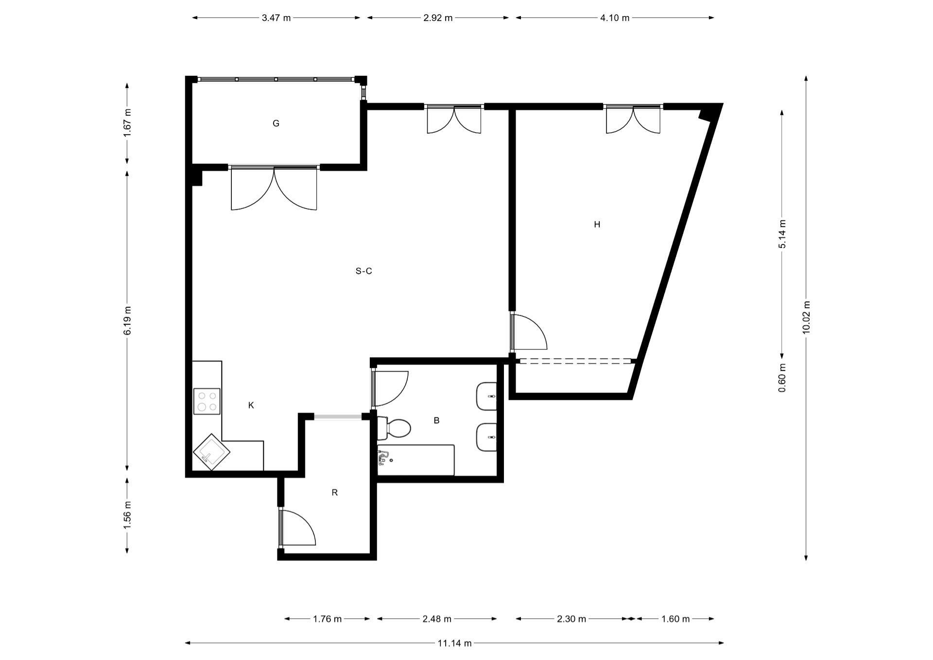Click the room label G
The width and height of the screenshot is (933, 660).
(276, 124)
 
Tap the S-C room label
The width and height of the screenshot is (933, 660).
(364, 271)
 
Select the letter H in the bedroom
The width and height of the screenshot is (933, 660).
(597, 224)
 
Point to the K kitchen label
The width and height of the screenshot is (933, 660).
(251, 405)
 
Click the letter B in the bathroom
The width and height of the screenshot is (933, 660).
(436, 420)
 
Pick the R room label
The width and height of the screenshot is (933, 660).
(334, 493)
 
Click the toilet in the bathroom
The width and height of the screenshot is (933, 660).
(394, 428)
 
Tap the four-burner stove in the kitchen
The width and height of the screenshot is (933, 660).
(207, 401)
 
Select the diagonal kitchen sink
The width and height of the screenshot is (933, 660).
(212, 452)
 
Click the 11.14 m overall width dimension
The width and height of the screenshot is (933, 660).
(454, 643)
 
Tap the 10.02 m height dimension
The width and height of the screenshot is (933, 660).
(806, 317)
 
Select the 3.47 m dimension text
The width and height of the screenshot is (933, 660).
(276, 18)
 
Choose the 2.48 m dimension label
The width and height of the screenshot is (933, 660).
(437, 619)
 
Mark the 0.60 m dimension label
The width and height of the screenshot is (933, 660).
(782, 378)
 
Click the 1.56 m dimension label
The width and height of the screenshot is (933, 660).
(127, 515)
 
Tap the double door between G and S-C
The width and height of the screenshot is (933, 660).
(274, 188)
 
